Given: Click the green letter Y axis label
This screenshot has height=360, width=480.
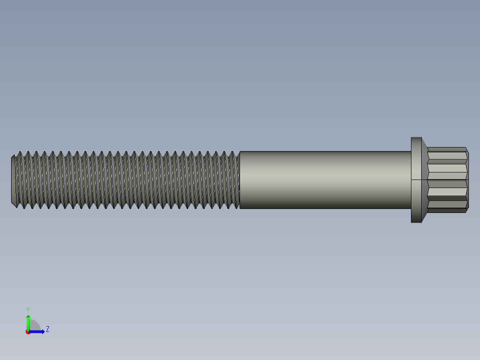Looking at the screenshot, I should tap(28, 309).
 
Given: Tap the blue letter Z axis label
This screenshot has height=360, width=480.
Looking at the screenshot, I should tap(47, 329).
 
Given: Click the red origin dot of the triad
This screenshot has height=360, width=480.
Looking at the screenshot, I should tap(28, 332).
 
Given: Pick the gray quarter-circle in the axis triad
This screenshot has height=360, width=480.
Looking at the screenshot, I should tap(34, 326).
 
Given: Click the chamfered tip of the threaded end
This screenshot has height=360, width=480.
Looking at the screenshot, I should tap(13, 180).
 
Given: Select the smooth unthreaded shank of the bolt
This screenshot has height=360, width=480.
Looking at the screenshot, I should tap(325, 180).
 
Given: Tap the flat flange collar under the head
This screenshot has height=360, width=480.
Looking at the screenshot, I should tap(416, 180).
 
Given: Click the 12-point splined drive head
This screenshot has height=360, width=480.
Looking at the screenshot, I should tap(447, 180).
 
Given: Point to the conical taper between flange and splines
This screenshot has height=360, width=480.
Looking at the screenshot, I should tap(424, 180).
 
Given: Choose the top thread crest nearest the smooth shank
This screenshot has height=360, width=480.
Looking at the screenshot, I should tap(234, 153).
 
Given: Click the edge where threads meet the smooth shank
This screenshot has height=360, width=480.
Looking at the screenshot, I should tap(240, 180).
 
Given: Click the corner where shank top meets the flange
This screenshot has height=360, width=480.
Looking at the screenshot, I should tap(411, 152).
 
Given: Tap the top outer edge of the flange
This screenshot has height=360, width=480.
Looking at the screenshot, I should tap(416, 137).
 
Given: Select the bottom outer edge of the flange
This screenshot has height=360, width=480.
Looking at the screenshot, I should tap(416, 222).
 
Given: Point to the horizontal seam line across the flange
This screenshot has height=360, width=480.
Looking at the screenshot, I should tap(416, 180).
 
